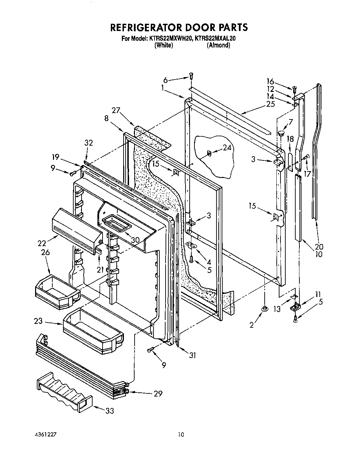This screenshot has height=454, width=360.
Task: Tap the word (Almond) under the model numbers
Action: tap(218, 45)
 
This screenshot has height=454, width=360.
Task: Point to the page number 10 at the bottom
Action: tap(181, 434)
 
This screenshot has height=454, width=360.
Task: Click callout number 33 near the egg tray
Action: tap(109, 411)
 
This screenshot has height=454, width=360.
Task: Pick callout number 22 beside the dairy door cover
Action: tap(42, 243)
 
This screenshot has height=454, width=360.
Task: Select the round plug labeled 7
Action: tap(282, 133)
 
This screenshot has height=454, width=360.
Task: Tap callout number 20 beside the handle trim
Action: tap(319, 246)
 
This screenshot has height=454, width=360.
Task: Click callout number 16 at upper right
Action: tap(270, 81)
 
